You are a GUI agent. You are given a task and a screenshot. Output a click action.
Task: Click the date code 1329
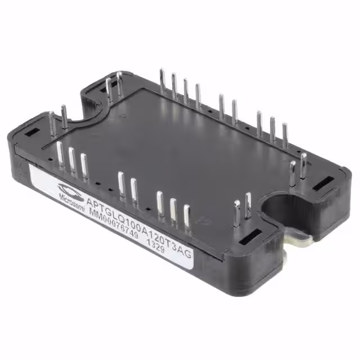coord(155,244)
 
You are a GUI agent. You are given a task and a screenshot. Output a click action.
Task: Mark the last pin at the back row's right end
coord(285,134)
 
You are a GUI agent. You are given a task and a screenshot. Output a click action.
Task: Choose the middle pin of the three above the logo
coord(72,159)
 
